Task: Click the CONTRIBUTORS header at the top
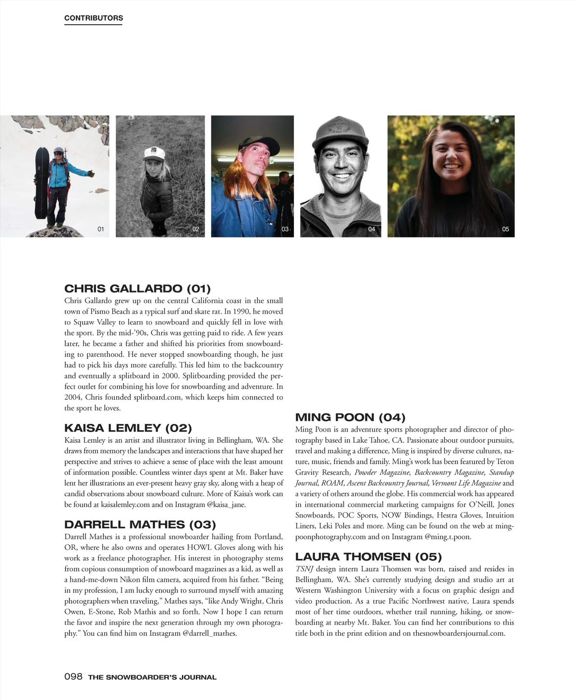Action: [x=94, y=18]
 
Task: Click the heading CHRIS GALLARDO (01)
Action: [x=138, y=289]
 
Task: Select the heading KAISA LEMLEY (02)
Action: [x=128, y=428]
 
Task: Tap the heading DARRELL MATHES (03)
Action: [x=140, y=525]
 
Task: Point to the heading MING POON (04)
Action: [x=350, y=418]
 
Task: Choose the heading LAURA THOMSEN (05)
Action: [x=368, y=557]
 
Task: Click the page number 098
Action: [x=73, y=676]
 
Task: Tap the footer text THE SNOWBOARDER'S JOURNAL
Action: [x=152, y=677]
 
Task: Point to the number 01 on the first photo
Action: [x=101, y=229]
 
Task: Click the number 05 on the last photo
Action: [x=506, y=229]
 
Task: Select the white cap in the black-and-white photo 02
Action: [x=154, y=153]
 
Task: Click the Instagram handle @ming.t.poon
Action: [x=448, y=537]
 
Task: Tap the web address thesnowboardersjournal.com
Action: [x=458, y=633]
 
